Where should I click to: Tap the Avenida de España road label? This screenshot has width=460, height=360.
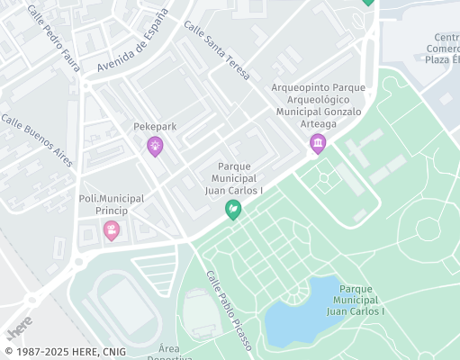click(x=132, y=42)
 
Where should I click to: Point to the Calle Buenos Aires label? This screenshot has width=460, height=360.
click(x=36, y=140)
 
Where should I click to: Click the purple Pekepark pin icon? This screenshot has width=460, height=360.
click(x=155, y=146)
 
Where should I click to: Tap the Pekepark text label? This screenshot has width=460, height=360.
click(x=155, y=127)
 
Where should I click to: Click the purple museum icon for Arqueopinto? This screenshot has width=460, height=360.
click(x=317, y=143)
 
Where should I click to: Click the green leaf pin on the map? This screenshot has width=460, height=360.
click(x=232, y=210)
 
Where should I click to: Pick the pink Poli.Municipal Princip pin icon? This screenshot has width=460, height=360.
click(x=111, y=230)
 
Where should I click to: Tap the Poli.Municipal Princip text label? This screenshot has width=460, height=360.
click(x=110, y=204)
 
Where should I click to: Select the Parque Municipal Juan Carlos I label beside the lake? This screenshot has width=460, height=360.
click(x=356, y=300)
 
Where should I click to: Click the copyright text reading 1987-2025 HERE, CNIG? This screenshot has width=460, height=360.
click(x=65, y=352)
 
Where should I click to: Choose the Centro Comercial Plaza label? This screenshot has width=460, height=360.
click(x=441, y=48)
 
